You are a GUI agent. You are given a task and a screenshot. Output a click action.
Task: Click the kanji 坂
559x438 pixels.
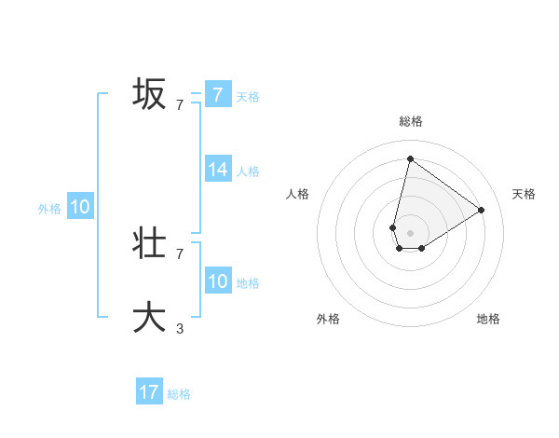150,94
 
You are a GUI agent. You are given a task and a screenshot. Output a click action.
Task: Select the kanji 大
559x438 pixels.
150,317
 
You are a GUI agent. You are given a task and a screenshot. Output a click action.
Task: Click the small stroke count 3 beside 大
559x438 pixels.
180,328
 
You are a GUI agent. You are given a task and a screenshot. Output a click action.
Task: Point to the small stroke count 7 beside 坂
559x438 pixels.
180,104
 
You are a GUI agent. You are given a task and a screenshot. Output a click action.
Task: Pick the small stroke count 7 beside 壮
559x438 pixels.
180,253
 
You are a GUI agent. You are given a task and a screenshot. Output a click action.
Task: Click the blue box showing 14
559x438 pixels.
218,170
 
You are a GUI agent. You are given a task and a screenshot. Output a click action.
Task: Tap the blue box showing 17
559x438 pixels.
149,392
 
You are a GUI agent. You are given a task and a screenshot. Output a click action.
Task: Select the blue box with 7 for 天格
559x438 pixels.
218,94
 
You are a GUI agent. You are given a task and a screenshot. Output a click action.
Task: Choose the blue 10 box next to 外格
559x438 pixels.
80,208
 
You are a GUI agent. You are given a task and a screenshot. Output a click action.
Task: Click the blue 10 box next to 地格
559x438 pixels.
218,281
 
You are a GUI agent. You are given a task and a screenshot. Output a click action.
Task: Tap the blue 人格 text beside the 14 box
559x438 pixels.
248,171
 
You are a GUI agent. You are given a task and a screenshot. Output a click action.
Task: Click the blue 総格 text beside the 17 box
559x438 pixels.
179,394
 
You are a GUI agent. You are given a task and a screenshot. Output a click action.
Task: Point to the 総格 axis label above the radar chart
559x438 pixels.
410,121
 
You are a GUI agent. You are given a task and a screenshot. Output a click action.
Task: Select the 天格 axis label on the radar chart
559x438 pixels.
524,194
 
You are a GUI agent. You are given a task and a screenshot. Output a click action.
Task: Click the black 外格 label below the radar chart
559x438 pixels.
328,319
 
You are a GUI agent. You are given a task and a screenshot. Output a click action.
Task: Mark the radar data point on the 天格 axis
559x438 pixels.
482,210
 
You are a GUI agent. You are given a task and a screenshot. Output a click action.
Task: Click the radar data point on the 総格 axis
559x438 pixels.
410,158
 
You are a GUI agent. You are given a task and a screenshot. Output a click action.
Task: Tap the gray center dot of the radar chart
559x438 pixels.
410,232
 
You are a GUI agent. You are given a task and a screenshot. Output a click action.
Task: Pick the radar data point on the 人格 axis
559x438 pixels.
393,227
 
